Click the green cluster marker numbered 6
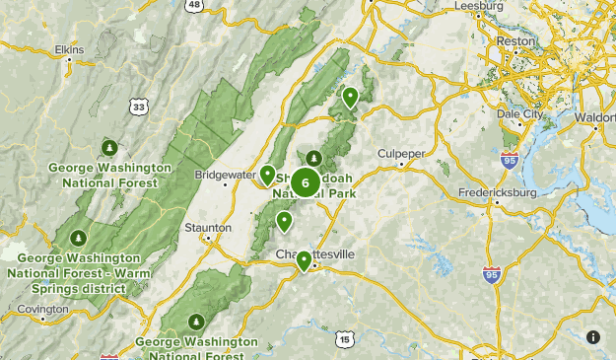306,181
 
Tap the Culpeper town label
400,154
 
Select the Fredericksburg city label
498,192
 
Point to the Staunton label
208,228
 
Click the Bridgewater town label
225,174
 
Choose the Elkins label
69,47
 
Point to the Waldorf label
593,116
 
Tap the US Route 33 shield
139,106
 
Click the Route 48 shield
194,5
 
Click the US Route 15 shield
343,339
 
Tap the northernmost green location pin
350,97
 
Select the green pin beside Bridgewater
267,175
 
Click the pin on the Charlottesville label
305,260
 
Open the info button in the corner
593,337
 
